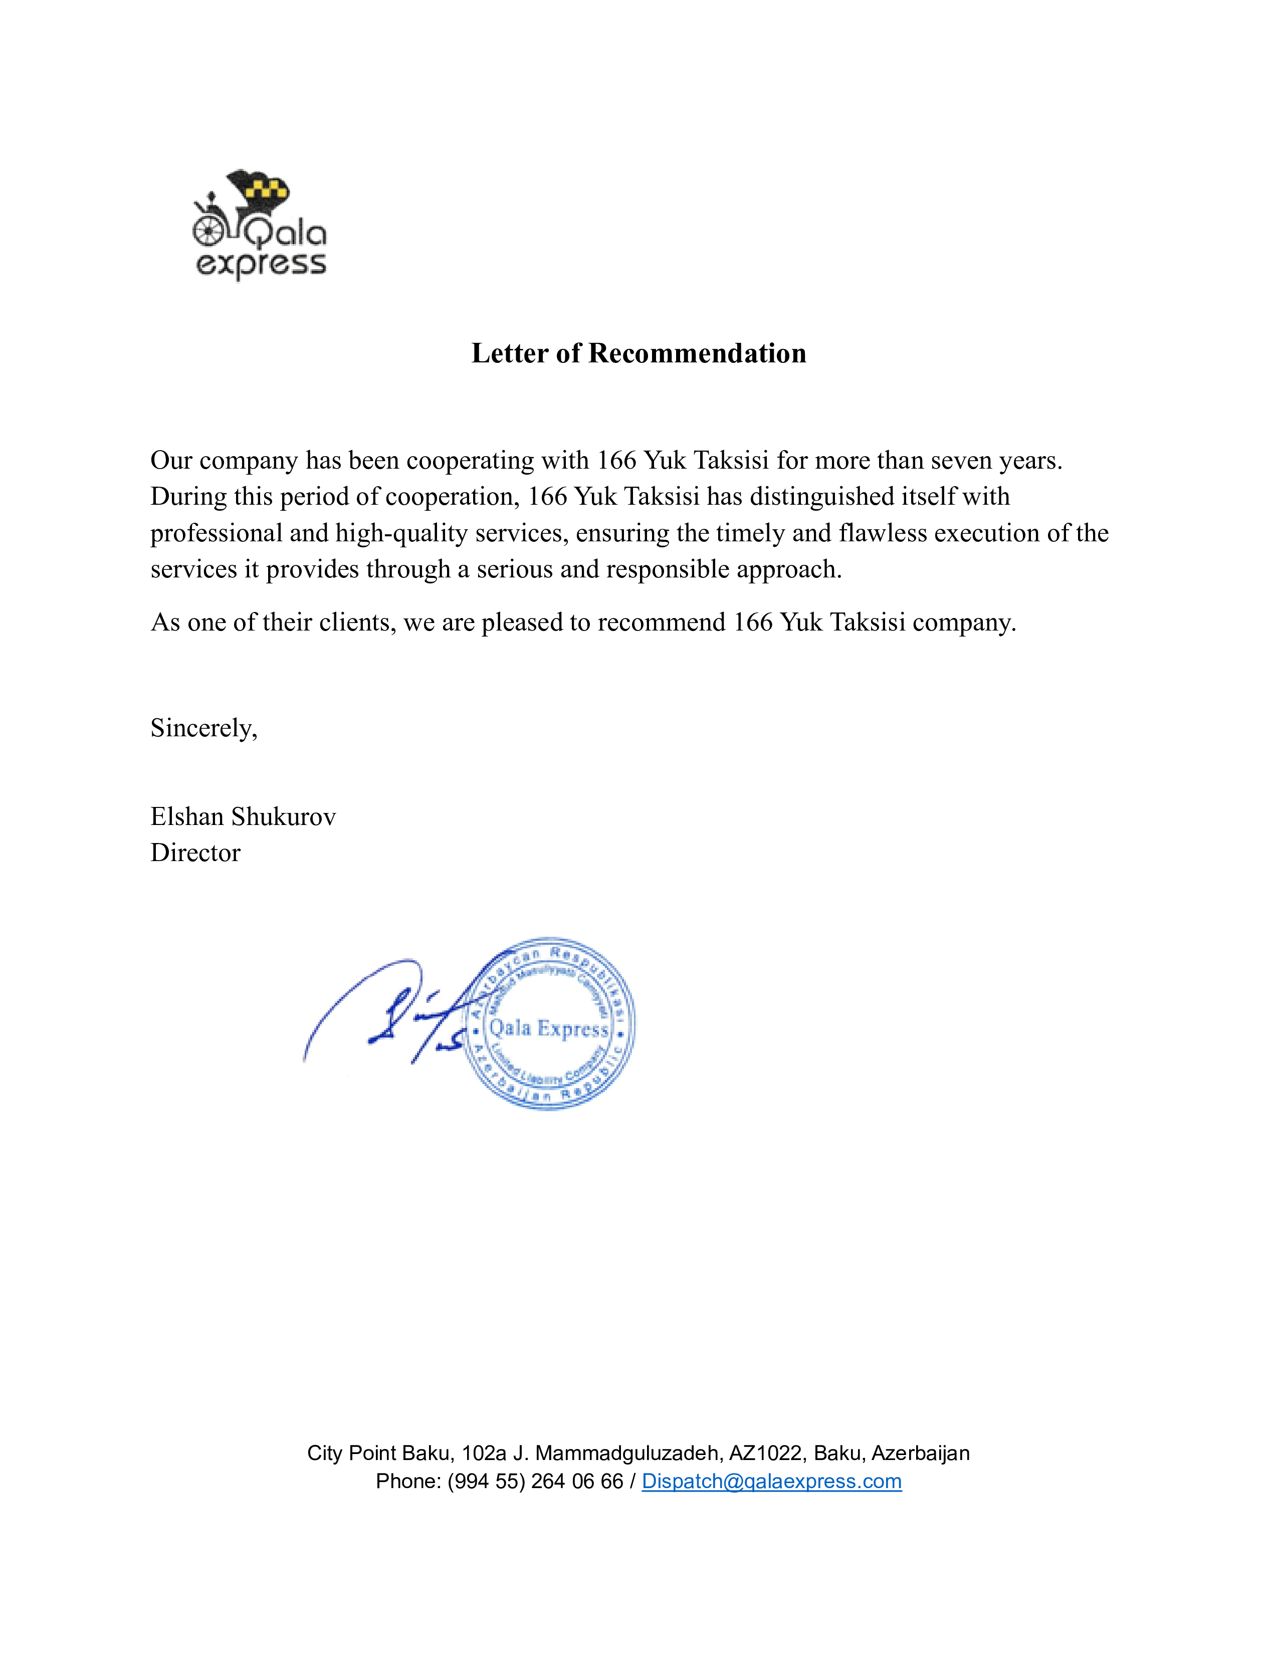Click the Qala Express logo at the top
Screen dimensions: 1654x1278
tap(260, 225)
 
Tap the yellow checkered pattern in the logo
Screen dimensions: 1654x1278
tap(268, 188)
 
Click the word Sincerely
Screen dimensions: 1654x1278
tap(203, 728)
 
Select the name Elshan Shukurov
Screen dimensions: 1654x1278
tap(243, 816)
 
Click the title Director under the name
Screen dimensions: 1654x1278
tap(195, 853)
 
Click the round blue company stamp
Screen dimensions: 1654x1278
tap(548, 1024)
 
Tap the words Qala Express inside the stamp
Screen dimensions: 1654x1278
tap(548, 1028)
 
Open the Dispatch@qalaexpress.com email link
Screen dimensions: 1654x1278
tap(771, 1481)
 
